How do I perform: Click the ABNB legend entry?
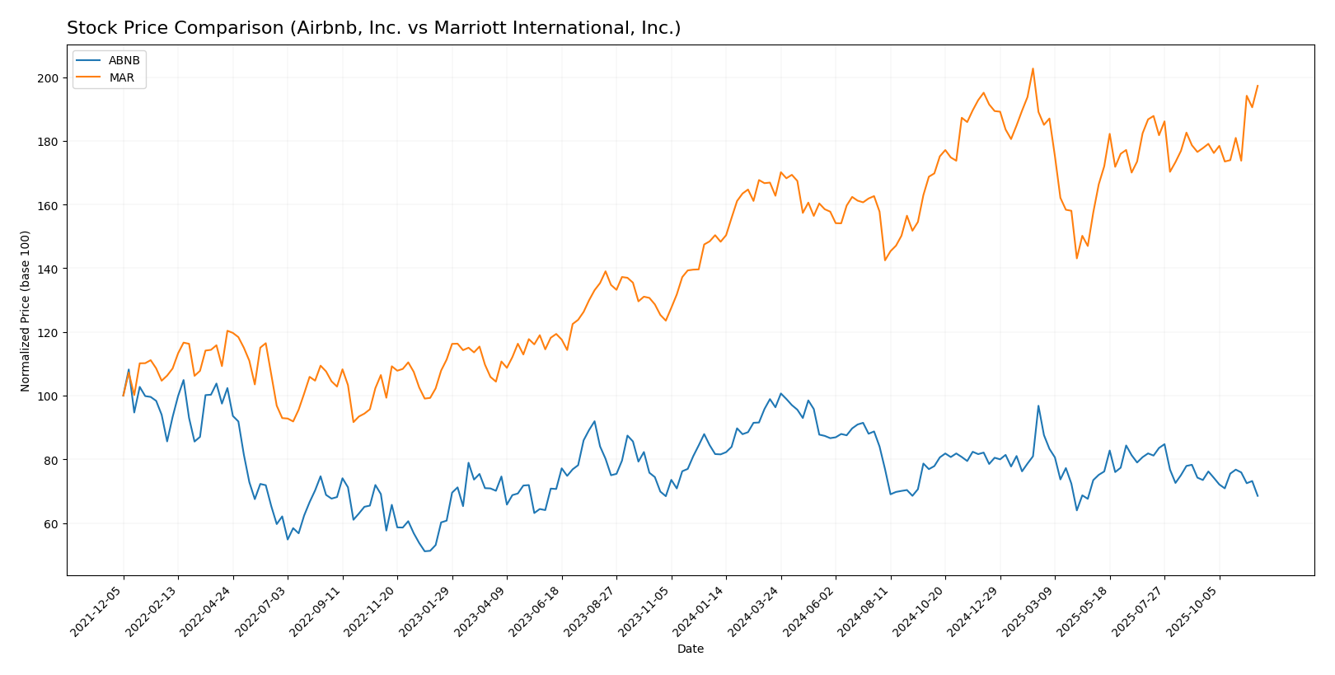tap(124, 60)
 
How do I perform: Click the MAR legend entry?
tap(122, 77)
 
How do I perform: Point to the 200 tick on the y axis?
tap(49, 78)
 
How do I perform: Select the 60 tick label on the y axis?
tap(52, 524)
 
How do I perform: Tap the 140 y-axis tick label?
tap(49, 270)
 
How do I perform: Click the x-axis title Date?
tap(690, 649)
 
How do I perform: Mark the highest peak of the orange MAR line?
tap(1033, 68)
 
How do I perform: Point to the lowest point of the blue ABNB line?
tap(425, 551)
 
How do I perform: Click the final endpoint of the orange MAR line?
tap(1258, 86)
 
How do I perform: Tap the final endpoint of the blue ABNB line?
tap(1258, 496)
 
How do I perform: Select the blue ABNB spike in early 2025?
tap(1038, 405)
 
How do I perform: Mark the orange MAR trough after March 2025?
tap(1076, 258)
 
